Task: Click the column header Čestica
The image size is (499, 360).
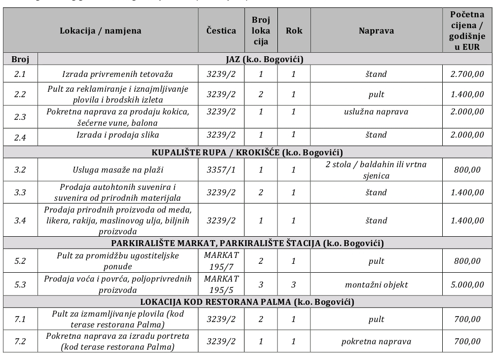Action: (x=221, y=31)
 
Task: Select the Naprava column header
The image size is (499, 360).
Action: (x=376, y=31)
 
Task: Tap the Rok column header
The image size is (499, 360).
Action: (x=294, y=31)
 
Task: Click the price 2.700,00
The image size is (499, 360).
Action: (x=467, y=74)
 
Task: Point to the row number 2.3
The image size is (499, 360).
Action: (x=20, y=116)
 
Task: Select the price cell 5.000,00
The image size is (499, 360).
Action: (x=467, y=285)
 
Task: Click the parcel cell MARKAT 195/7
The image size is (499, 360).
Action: (x=221, y=261)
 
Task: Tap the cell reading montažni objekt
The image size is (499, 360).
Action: (x=376, y=285)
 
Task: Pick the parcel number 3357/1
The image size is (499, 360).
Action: (x=221, y=170)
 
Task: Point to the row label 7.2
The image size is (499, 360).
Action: (x=20, y=341)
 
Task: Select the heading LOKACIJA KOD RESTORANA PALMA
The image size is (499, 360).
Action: (x=247, y=302)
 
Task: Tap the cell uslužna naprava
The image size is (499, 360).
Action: (x=376, y=111)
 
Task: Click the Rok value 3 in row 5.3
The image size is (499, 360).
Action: (x=294, y=285)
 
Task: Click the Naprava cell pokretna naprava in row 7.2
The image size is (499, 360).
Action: (x=376, y=341)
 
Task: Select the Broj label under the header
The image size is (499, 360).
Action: (x=20, y=60)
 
